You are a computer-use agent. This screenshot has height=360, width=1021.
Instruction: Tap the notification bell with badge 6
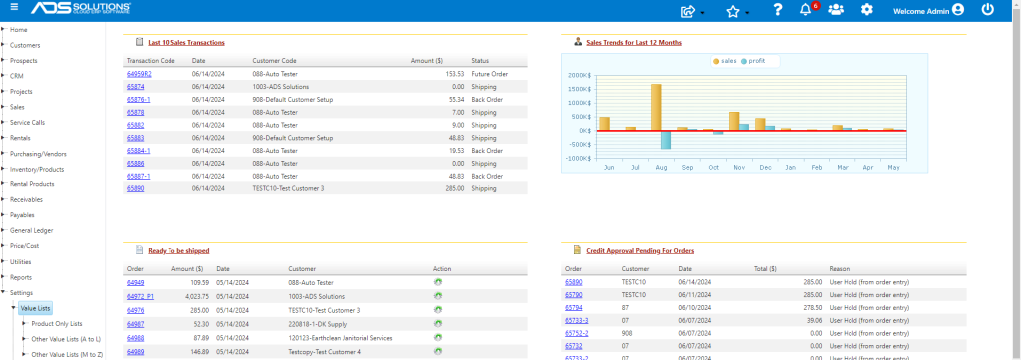pos(806,9)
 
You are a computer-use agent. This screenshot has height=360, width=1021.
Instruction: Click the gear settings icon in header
pos(866,10)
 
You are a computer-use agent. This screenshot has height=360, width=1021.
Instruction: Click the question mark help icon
pos(777,10)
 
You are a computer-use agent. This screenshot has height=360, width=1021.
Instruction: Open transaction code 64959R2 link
pos(139,74)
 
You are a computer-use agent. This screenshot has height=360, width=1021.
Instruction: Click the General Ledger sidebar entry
pos(31,230)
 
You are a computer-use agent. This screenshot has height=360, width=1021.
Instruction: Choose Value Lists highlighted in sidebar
pos(35,308)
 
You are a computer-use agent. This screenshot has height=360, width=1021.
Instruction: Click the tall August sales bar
pos(656,107)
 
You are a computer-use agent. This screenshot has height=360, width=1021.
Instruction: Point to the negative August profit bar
pos(666,140)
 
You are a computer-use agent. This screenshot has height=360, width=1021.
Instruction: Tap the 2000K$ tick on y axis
pos(579,75)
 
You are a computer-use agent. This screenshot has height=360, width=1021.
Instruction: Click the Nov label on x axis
pos(739,168)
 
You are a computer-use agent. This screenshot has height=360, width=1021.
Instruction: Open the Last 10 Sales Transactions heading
pos(186,42)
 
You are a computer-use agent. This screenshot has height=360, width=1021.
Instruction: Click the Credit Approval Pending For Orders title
pos(640,250)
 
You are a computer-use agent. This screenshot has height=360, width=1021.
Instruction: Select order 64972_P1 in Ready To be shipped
pos(140,296)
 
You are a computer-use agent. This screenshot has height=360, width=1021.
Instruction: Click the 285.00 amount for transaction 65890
pos(455,188)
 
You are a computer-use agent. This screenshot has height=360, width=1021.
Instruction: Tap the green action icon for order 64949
pos(438,282)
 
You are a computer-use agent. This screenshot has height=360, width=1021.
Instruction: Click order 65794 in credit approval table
pos(574,307)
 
